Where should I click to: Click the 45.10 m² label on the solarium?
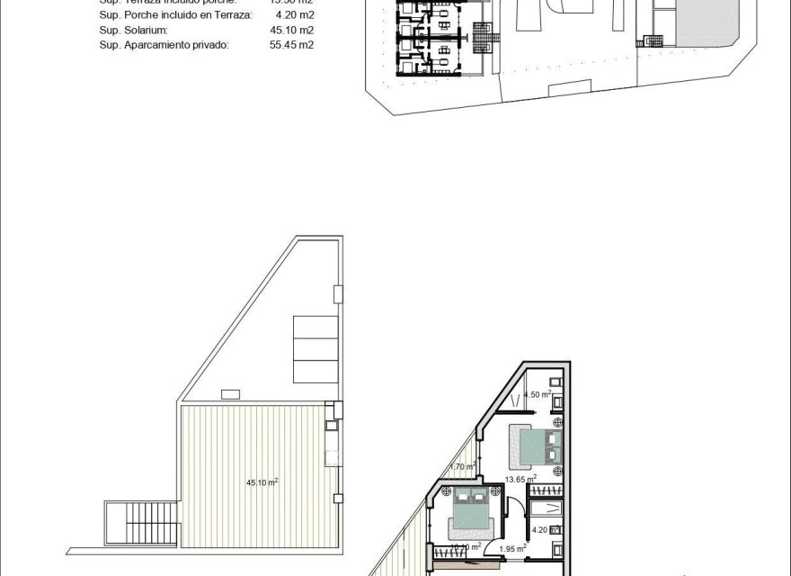pyautogui.click(x=262, y=482)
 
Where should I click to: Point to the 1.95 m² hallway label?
pyautogui.click(x=512, y=548)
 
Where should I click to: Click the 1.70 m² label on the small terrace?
pyautogui.click(x=462, y=466)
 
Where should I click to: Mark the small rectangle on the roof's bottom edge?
pyautogui.click(x=228, y=393)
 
